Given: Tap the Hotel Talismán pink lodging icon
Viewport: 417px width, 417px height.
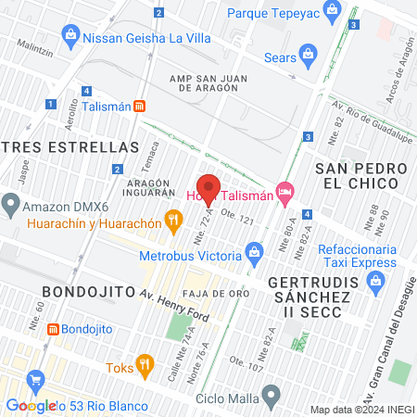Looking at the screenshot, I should coord(285,194).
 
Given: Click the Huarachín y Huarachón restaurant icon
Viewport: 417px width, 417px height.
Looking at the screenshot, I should coord(171,220).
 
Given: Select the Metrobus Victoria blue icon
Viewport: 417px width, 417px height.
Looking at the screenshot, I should coord(255,250).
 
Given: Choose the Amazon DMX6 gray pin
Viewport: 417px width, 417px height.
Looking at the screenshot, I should coord(11,202).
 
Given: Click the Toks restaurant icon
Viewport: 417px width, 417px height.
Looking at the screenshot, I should coord(143,362).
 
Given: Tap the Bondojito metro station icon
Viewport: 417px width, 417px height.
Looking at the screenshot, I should coord(54,329).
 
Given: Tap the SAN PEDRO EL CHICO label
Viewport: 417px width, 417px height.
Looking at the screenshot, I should coord(360,176).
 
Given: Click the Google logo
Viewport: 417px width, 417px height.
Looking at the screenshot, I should coord(31,406).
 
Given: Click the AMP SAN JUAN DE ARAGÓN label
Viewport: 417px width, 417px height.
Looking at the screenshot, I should coord(210,81).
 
